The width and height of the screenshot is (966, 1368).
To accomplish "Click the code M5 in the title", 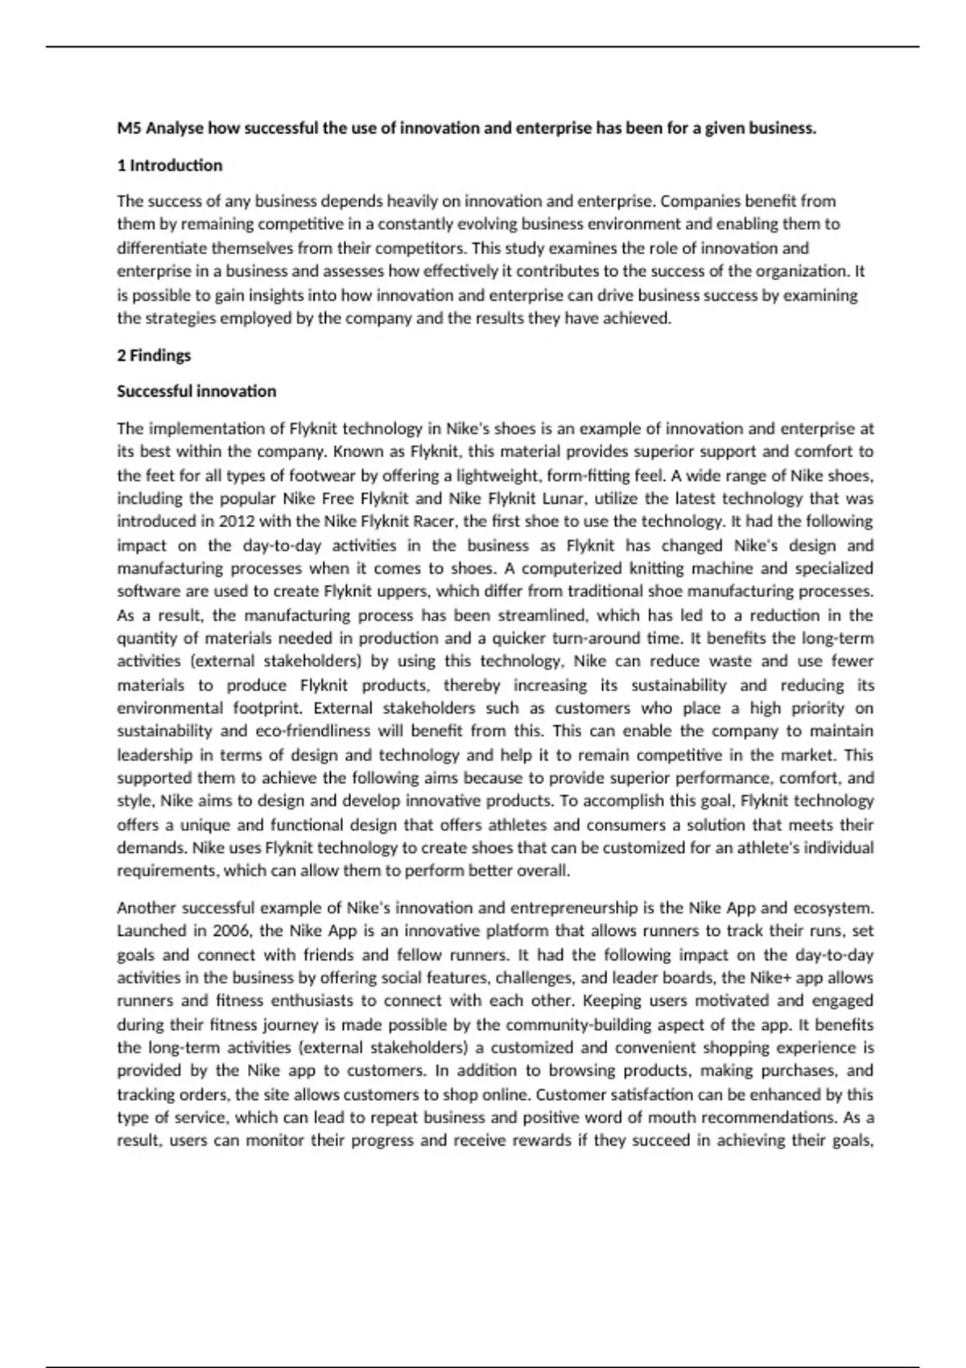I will click(129, 128).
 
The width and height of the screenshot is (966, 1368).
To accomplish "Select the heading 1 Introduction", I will click(169, 166).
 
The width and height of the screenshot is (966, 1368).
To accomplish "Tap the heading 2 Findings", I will click(154, 356).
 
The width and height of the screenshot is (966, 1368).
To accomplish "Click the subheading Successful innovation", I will click(196, 392).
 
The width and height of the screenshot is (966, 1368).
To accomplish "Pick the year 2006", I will click(231, 931).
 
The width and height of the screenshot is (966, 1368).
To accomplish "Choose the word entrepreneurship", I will click(574, 909).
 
